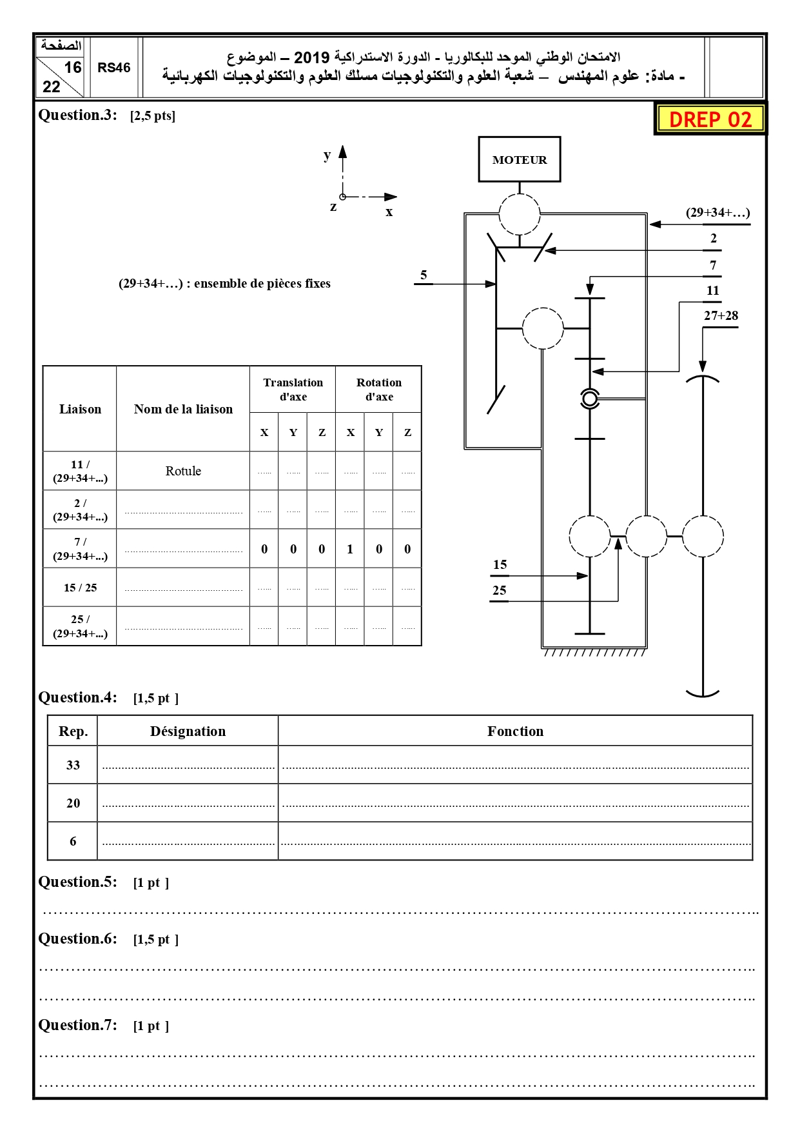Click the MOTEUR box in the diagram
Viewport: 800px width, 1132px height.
click(x=519, y=159)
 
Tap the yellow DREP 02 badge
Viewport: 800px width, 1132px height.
click(x=710, y=119)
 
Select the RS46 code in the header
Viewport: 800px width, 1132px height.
click(x=114, y=68)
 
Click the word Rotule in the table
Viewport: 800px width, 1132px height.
click(x=183, y=471)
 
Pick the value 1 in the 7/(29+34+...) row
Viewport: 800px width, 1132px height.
click(x=350, y=549)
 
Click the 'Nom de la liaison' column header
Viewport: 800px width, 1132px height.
click(x=183, y=409)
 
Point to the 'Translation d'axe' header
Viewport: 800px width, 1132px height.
click(x=293, y=390)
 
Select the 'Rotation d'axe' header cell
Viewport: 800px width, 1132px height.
click(x=378, y=390)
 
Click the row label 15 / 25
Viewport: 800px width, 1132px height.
click(x=80, y=588)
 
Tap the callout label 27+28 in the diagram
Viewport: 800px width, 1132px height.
click(x=721, y=315)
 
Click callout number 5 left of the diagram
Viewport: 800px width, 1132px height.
click(x=424, y=275)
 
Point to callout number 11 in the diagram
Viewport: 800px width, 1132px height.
click(x=712, y=290)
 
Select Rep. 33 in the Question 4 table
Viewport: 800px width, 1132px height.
click(x=73, y=765)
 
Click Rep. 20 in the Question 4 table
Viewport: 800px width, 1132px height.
click(x=73, y=803)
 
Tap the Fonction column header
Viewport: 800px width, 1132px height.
click(x=515, y=731)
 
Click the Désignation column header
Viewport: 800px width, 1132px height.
click(x=188, y=731)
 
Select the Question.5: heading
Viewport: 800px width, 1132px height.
click(x=78, y=882)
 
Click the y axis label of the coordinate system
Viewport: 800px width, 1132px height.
click(x=327, y=155)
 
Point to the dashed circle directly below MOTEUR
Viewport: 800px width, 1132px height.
click(x=519, y=214)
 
